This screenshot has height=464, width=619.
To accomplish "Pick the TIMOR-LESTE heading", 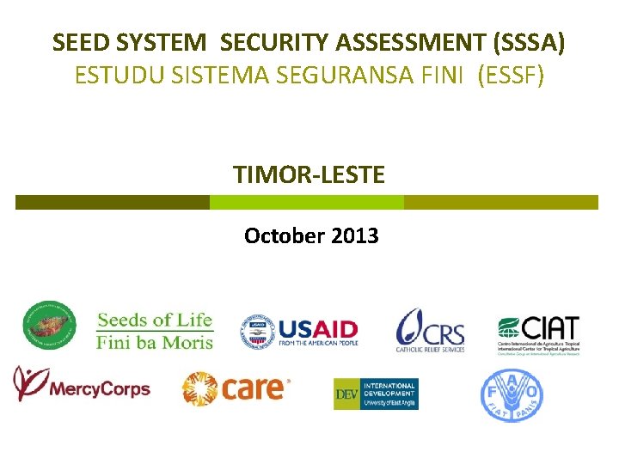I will [309, 175].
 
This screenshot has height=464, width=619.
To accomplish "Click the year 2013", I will [353, 235].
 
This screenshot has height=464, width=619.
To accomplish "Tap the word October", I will [282, 235].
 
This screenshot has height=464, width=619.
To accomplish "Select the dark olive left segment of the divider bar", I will [113, 202].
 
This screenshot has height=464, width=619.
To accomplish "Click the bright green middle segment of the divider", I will [307, 202].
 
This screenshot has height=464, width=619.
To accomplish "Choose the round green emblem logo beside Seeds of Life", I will [49, 326].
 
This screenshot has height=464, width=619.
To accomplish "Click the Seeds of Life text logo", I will [155, 321].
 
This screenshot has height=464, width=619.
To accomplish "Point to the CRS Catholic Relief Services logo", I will [430, 330].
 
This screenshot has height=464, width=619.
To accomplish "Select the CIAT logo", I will [539, 331].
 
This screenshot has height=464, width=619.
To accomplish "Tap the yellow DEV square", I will [346, 394].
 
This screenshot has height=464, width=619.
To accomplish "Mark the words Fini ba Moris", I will [155, 340].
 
